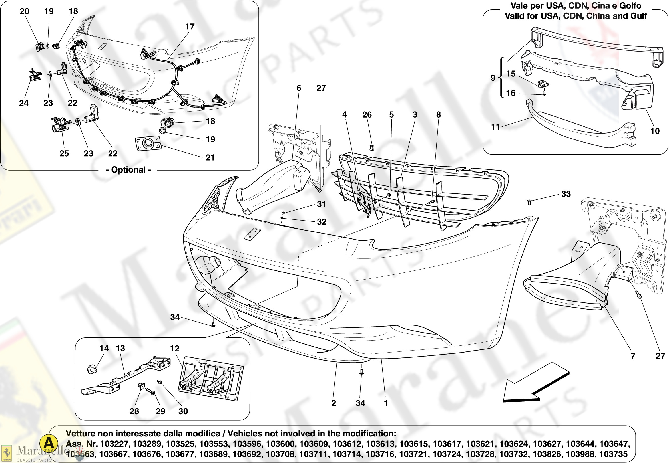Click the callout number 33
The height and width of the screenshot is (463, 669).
pyautogui.click(x=566, y=194)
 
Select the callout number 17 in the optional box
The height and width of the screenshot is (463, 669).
pyautogui.click(x=190, y=27)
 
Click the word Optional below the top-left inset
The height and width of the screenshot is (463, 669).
pyautogui.click(x=128, y=170)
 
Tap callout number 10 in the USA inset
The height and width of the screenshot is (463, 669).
pyautogui.click(x=655, y=131)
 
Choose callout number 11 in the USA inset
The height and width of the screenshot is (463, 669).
pyautogui.click(x=495, y=126)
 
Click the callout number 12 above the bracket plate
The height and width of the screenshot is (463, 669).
pyautogui.click(x=174, y=348)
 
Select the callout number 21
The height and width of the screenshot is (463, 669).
pyautogui.click(x=210, y=157)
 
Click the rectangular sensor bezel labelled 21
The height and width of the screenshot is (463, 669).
pyautogui.click(x=148, y=144)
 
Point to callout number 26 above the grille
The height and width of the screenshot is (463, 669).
pyautogui.click(x=367, y=115)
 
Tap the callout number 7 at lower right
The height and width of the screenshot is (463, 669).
pyautogui.click(x=633, y=356)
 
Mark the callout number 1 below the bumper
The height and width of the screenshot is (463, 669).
pyautogui.click(x=386, y=403)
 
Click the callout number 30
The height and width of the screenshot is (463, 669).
pyautogui.click(x=183, y=411)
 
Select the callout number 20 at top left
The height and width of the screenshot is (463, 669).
pyautogui.click(x=24, y=11)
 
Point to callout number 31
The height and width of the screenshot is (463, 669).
pyautogui.click(x=321, y=204)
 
